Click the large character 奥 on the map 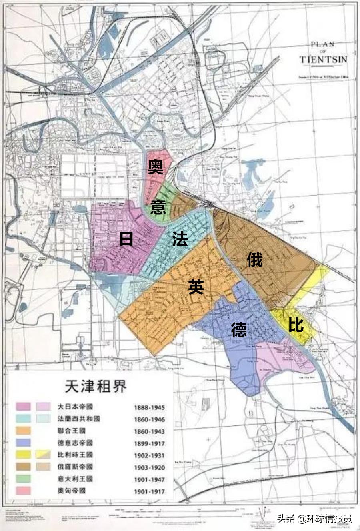(x=156, y=167)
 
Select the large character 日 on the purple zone (x=126, y=239)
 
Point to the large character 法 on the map (x=180, y=239)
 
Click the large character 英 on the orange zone (x=196, y=287)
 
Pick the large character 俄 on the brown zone (x=254, y=260)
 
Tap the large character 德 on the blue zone (x=239, y=330)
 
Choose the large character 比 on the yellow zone (x=296, y=325)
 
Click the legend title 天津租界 (x=96, y=386)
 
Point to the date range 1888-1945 (x=149, y=408)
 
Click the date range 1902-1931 (x=149, y=455)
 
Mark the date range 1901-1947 (x=149, y=479)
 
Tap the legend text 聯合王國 (x=72, y=431)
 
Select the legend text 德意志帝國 (x=75, y=443)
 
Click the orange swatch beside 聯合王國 (x=23, y=431)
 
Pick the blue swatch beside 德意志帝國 (x=23, y=443)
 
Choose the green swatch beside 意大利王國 (x=23, y=479)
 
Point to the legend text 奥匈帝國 (x=72, y=491)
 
